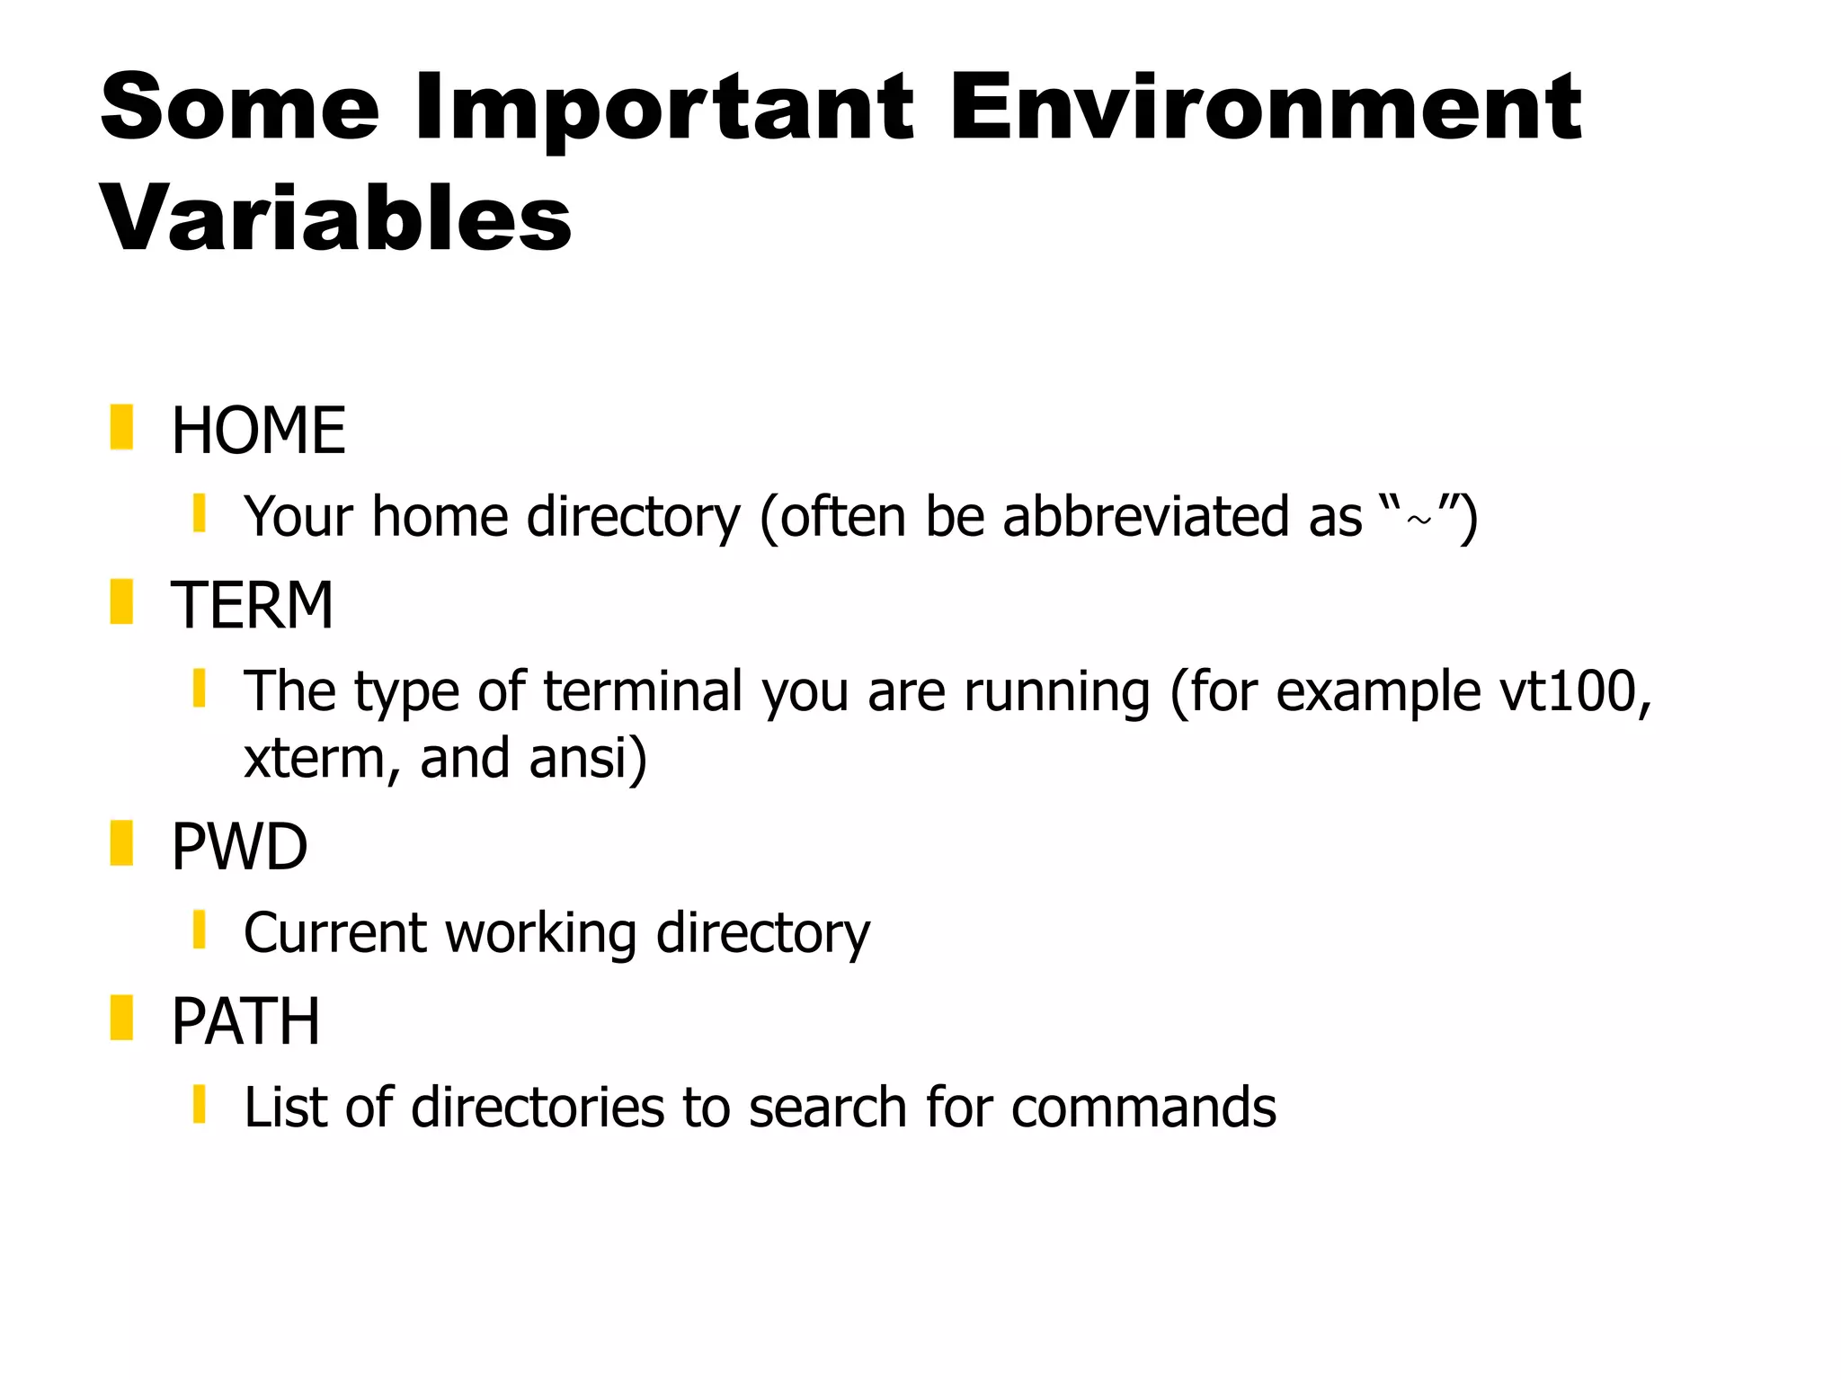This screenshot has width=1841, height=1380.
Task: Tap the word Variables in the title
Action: [336, 218]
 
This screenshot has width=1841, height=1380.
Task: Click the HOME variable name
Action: [258, 431]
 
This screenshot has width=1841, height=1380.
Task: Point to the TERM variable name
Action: [252, 605]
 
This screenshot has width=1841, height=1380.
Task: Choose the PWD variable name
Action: [239, 847]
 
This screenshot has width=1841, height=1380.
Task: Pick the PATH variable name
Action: [245, 1021]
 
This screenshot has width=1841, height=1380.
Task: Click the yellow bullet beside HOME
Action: [121, 427]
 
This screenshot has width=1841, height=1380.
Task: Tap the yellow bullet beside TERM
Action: [121, 601]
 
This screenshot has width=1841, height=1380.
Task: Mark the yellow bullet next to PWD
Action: [121, 843]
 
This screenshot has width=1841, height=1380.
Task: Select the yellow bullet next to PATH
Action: [121, 1018]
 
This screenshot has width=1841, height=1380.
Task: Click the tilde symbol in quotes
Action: [1419, 521]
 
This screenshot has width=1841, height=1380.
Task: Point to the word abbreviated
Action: [1145, 517]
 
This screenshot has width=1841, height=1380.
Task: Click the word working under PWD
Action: [540, 933]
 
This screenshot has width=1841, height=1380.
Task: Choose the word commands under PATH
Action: [1143, 1107]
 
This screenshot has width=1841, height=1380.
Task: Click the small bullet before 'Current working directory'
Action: [200, 930]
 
